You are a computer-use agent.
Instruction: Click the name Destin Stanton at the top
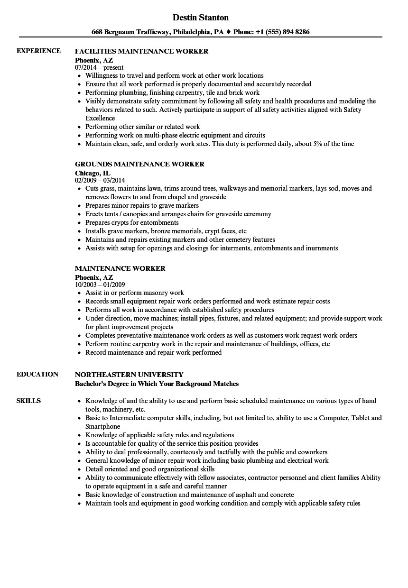pos(200,18)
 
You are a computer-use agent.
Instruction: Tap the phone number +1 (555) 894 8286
pos(284,32)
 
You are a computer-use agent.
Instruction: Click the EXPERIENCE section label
pos(38,51)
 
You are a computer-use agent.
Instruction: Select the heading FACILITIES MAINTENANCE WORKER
pos(141,51)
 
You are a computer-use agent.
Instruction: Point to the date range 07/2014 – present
pos(99,67)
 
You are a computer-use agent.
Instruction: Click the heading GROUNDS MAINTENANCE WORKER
pos(139,164)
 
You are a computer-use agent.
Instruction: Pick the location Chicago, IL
pos(93,173)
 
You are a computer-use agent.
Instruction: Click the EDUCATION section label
pos(37,374)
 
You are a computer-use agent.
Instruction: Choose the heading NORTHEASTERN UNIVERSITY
pos(129,375)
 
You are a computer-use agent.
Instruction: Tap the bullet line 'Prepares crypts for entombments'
pos(132,222)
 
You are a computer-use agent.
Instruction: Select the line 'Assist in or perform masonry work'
pos(134,293)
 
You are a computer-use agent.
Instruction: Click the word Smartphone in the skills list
pos(102,426)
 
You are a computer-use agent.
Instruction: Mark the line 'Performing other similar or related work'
pos(142,127)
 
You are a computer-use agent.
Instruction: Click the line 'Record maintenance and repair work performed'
pos(153,352)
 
